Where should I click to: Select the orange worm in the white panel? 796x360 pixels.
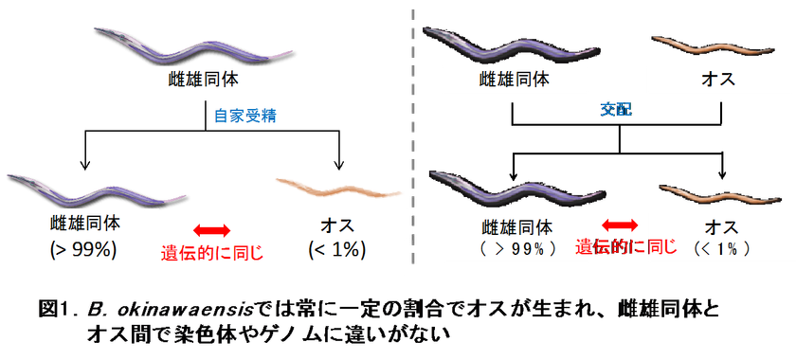(x=335, y=187)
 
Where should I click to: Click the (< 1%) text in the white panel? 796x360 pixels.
(x=335, y=251)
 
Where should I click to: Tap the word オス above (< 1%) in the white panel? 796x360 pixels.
(x=335, y=225)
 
